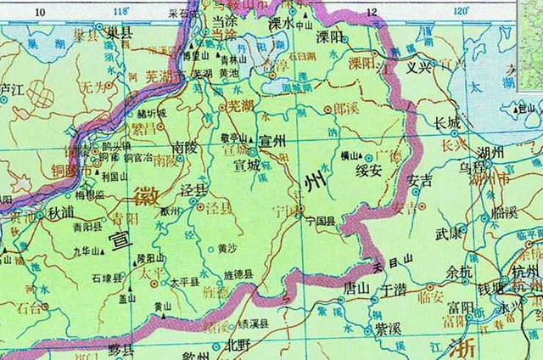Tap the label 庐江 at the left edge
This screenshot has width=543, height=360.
[x=12, y=88]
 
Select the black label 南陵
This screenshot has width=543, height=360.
[x=184, y=145]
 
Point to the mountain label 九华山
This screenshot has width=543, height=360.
[x=85, y=251]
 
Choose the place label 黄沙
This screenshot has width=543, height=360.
[x=227, y=249]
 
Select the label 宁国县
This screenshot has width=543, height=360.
[x=321, y=220]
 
